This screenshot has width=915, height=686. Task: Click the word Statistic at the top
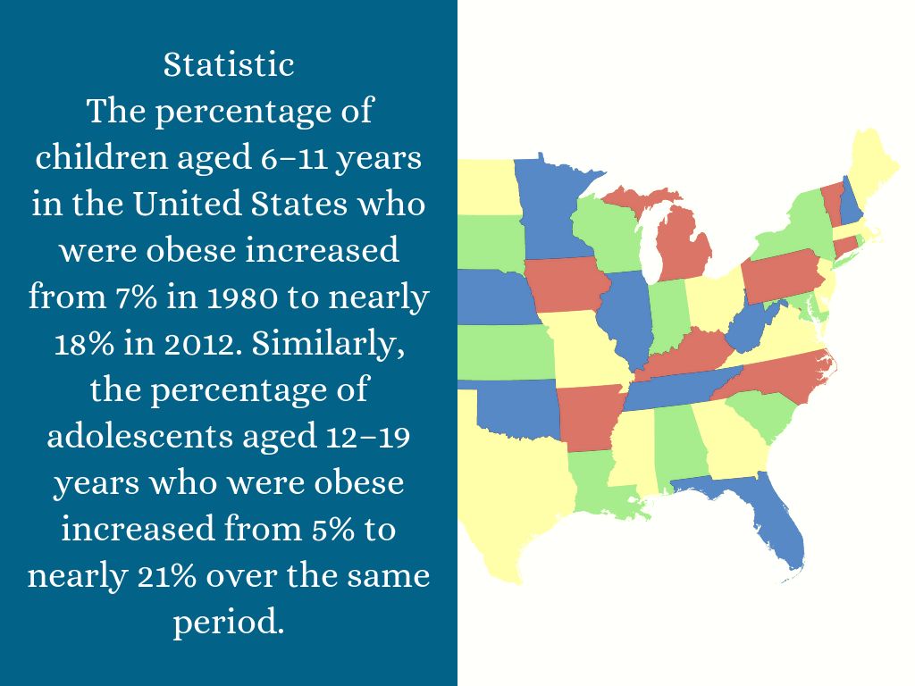229,64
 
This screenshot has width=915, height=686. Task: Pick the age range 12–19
365,437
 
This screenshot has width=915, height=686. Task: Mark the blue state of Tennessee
679,387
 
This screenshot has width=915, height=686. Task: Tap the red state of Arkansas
588,415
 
